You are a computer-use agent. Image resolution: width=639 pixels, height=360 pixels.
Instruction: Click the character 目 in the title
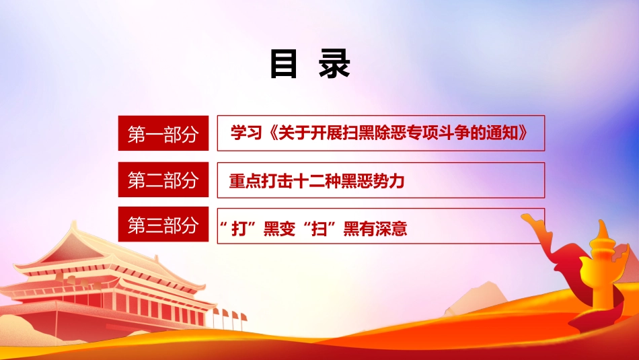[x=284, y=65]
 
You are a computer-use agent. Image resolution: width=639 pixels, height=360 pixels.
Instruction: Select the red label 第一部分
[x=163, y=134]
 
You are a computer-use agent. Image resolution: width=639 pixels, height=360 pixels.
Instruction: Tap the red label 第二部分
[x=163, y=180]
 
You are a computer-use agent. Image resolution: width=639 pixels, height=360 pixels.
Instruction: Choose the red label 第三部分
[x=163, y=225]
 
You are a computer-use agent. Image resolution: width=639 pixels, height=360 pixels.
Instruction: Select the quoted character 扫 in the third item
[x=324, y=229]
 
